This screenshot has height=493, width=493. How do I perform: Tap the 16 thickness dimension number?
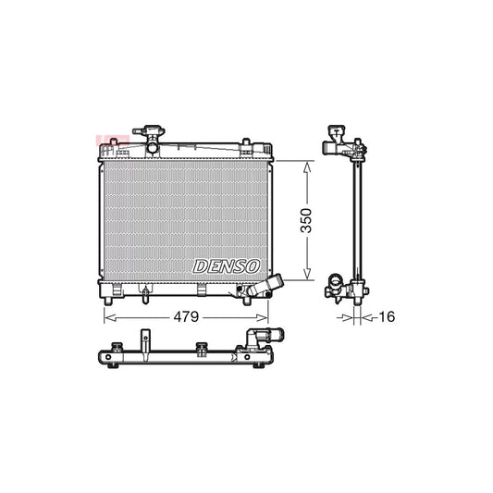click(385, 317)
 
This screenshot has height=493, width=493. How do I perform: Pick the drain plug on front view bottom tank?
click(145, 295)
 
